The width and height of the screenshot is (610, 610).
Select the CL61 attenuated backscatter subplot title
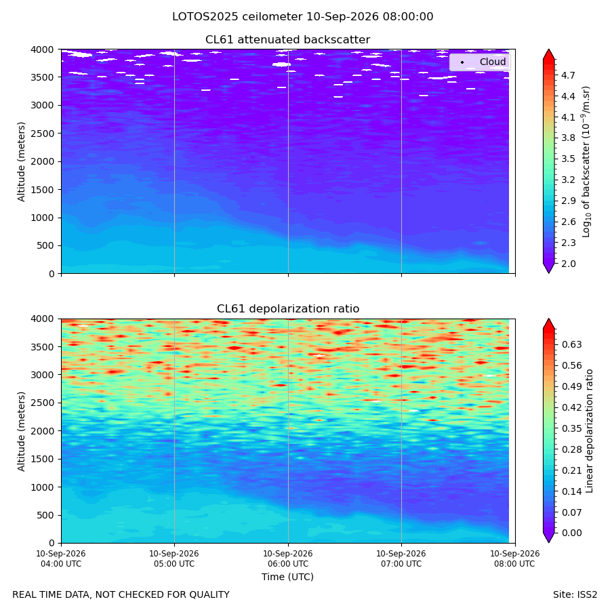click(288, 40)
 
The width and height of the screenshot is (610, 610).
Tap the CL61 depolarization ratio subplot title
click(288, 309)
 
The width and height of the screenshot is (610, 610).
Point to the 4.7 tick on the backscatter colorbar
click(568, 75)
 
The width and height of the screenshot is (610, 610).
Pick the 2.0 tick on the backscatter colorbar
click(568, 264)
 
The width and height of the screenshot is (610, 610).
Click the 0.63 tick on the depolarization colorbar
click(571, 344)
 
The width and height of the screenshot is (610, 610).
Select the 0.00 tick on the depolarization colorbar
click(571, 533)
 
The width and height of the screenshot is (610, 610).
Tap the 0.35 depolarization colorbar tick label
click(571, 428)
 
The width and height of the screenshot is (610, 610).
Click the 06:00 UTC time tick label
click(288, 558)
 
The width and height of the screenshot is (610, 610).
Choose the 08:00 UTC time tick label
click(514, 558)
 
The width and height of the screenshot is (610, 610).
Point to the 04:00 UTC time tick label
click(61, 558)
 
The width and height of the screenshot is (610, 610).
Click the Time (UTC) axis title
click(287, 577)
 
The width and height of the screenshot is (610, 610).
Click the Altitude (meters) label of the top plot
click(21, 162)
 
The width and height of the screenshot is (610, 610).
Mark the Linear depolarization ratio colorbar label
click(589, 431)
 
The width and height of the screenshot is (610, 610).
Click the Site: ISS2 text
click(575, 595)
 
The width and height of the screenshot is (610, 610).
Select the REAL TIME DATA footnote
click(121, 595)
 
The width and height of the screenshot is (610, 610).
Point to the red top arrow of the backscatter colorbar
click(548, 54)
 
